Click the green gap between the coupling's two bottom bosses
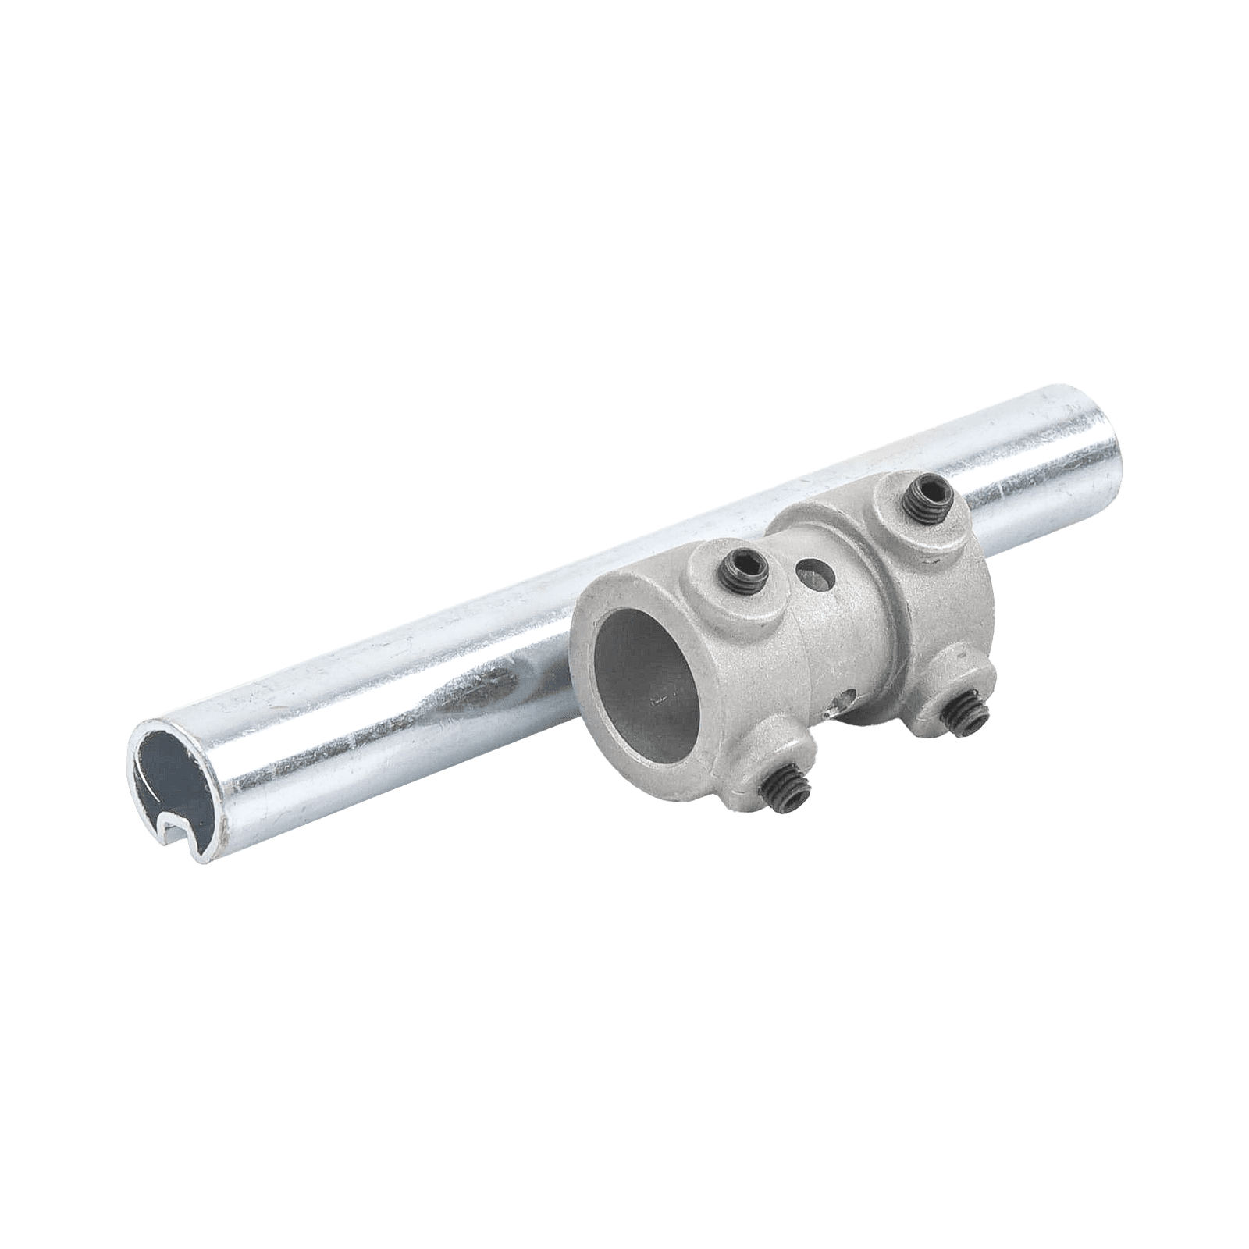[866, 765]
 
